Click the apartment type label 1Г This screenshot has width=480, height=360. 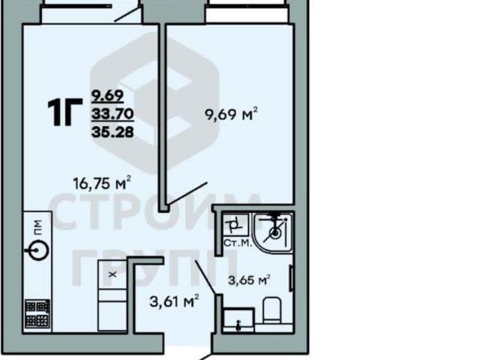[x=65, y=112]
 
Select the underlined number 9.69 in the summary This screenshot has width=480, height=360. [x=107, y=96]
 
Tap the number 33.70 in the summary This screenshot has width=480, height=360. [x=112, y=114]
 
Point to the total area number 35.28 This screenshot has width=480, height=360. [x=112, y=132]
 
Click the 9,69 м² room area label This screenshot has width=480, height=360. [x=231, y=115]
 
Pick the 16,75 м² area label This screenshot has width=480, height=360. [x=102, y=183]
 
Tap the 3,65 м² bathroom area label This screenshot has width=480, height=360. [x=249, y=280]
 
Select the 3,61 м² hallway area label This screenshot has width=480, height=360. [x=174, y=301]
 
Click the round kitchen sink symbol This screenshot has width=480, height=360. [x=37, y=250]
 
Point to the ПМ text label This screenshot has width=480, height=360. [x=37, y=228]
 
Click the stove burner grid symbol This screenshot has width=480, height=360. [x=37, y=313]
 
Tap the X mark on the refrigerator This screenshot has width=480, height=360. [x=112, y=274]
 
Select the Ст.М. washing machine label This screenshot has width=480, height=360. [x=238, y=243]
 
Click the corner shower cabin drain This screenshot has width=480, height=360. [x=275, y=233]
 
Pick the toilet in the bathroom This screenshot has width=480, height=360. [x=272, y=310]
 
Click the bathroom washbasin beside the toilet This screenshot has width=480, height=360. [x=238, y=320]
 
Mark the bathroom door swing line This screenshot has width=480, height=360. [x=205, y=277]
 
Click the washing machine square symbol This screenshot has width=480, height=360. [x=235, y=225]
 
